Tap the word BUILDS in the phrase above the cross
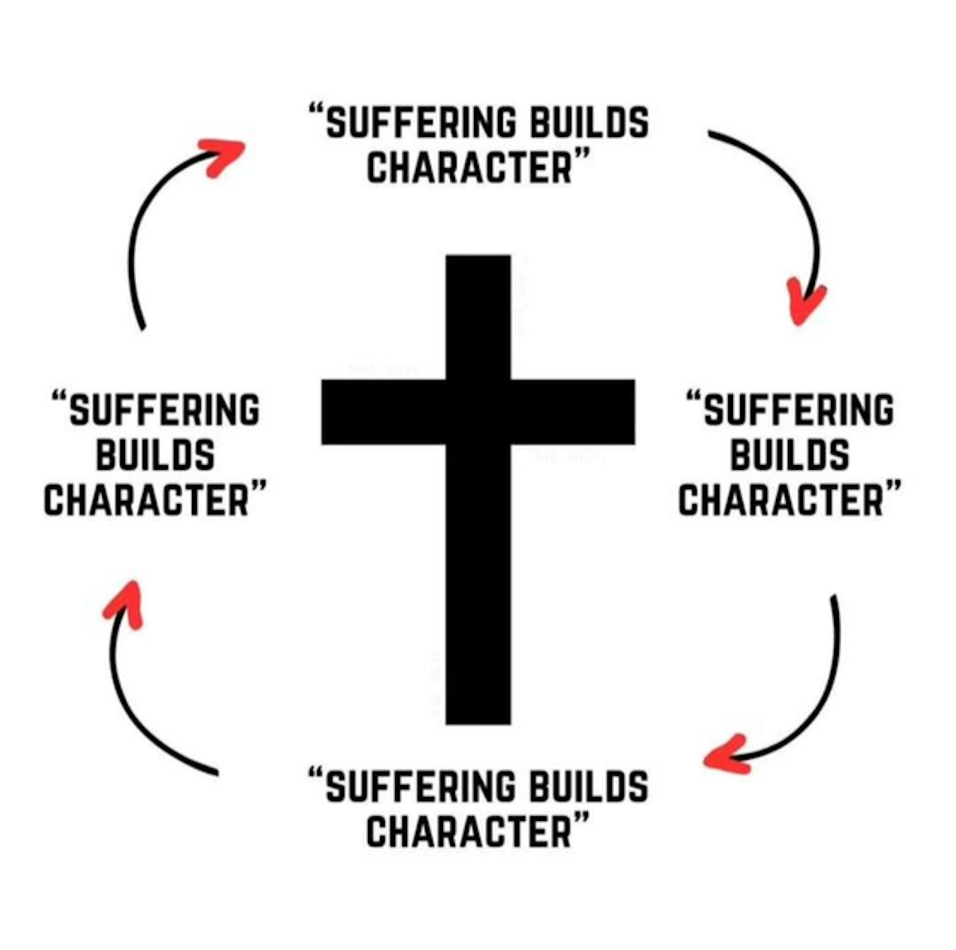[x=589, y=123]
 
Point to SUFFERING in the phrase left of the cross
[x=163, y=411]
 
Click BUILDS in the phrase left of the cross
[x=155, y=455]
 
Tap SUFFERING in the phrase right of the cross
[x=797, y=411]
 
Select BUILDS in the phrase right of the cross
[x=789, y=455]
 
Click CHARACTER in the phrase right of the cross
[x=782, y=500]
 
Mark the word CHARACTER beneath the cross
[x=470, y=831]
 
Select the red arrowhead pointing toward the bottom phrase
[x=725, y=755]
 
